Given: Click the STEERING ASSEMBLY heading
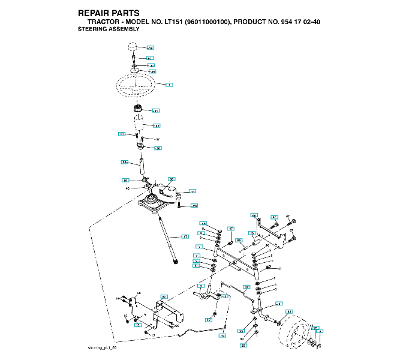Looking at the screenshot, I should pos(109,28).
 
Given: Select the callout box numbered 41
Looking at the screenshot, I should pos(156,111).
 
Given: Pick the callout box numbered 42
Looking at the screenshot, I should pos(157,126).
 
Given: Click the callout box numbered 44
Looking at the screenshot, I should pos(125,162).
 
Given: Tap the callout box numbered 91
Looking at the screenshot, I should pos(126,180).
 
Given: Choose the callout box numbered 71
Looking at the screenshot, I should pos(193,191).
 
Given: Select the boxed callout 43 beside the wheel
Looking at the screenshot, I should pos(289,312).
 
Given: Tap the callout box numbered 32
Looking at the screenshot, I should pos(246,287).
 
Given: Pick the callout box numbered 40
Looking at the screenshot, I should pos(209,320).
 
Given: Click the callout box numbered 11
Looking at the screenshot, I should pos(225,296).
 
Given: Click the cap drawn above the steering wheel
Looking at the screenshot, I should pos(133,47).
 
